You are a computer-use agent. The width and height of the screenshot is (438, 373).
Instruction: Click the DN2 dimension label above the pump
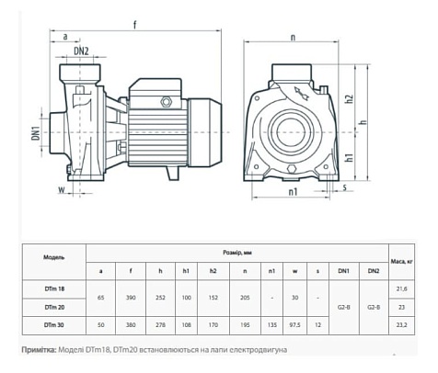point(81,51)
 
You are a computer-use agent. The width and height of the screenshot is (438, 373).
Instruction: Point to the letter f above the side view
point(135,25)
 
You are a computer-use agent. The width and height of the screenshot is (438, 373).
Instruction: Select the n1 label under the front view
point(294,192)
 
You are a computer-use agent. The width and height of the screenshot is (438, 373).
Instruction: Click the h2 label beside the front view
point(350,98)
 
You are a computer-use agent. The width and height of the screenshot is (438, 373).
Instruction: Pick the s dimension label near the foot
point(345,187)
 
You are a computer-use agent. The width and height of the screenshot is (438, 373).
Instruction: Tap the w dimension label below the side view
point(62,190)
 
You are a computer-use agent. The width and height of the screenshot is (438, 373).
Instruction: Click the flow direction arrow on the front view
point(302,93)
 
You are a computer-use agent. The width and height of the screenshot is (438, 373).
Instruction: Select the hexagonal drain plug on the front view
point(292,169)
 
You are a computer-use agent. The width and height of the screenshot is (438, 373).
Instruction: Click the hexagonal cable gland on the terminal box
point(166,102)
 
